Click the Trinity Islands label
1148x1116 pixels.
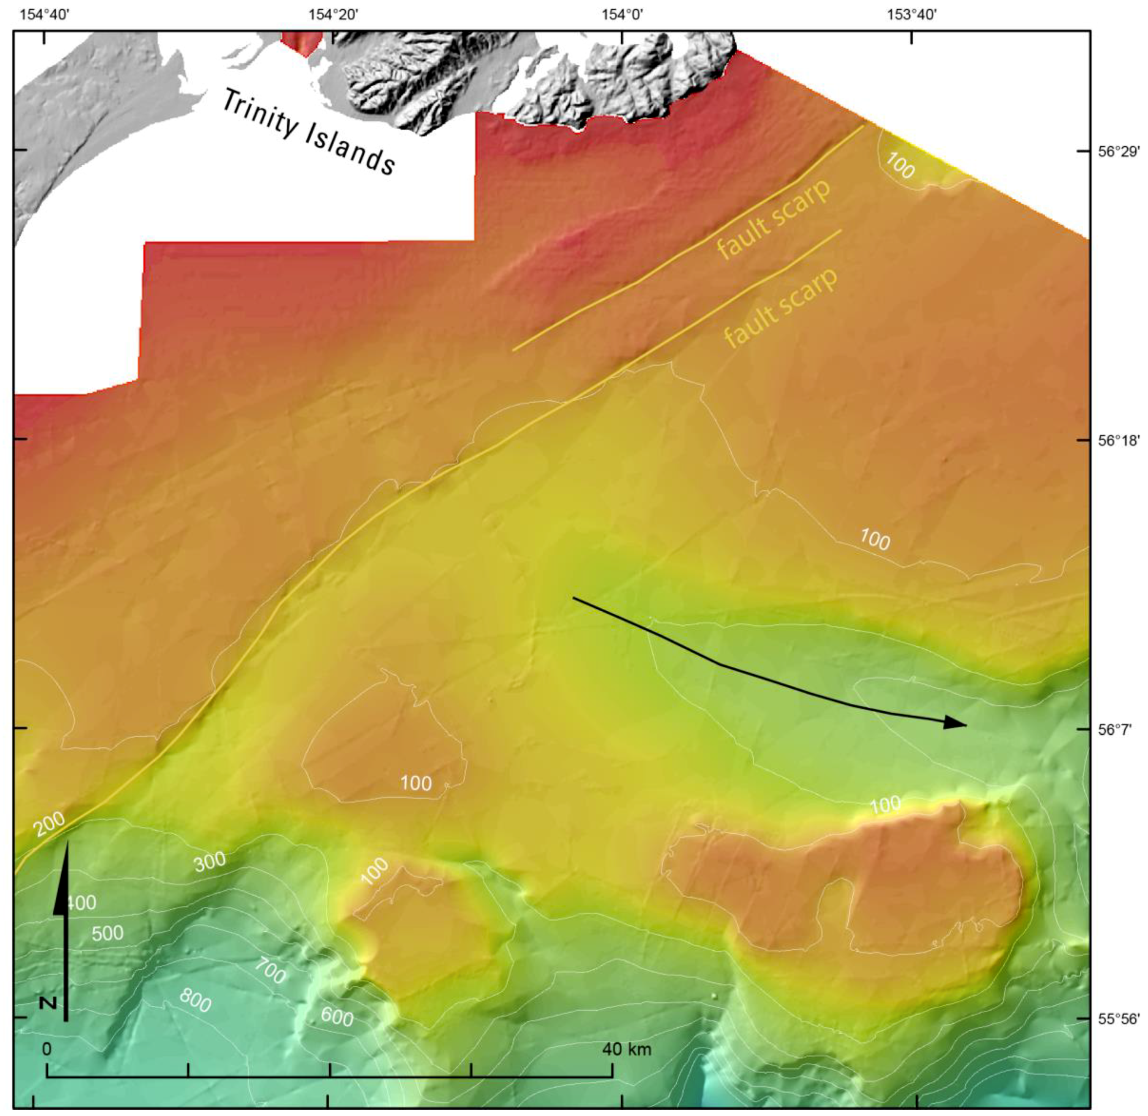click(309, 133)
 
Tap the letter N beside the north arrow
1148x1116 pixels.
click(49, 1003)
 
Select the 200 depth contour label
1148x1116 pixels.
click(48, 825)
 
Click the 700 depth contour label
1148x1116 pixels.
click(270, 972)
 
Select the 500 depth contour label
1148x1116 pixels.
click(108, 934)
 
